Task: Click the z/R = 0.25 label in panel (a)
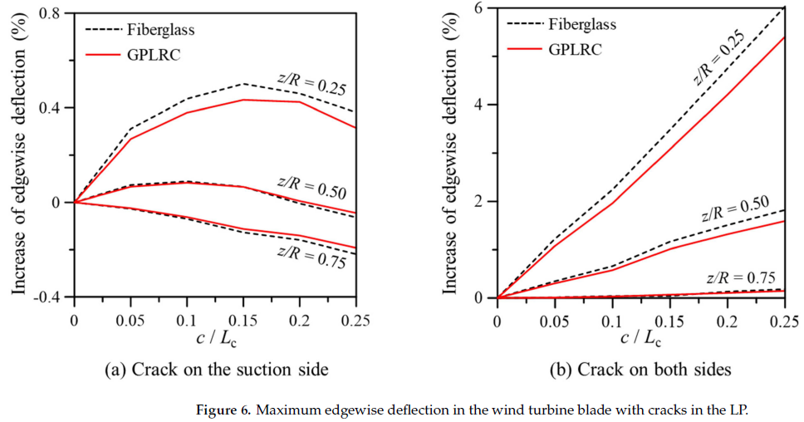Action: point(311,83)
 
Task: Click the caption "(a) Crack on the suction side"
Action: point(215,369)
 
